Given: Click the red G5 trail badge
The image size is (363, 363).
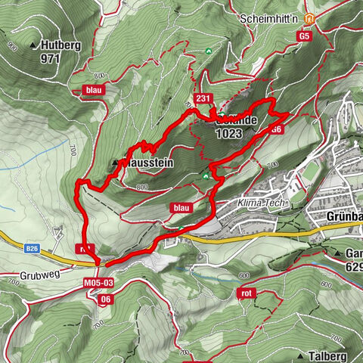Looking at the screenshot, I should click(305, 36).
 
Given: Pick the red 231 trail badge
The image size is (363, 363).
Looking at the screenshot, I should click(202, 99).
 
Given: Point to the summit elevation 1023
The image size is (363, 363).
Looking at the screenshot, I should click(228, 132).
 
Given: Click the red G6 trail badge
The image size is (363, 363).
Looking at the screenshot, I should click(277, 129).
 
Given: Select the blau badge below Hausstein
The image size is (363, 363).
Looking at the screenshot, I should click(180, 207).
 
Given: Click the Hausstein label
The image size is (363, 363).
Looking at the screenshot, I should click(147, 162).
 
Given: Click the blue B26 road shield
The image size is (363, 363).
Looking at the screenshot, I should click(31, 248).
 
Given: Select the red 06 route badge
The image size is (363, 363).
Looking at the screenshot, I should click(106, 299).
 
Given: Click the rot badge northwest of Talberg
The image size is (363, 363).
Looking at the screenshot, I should click(246, 293).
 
